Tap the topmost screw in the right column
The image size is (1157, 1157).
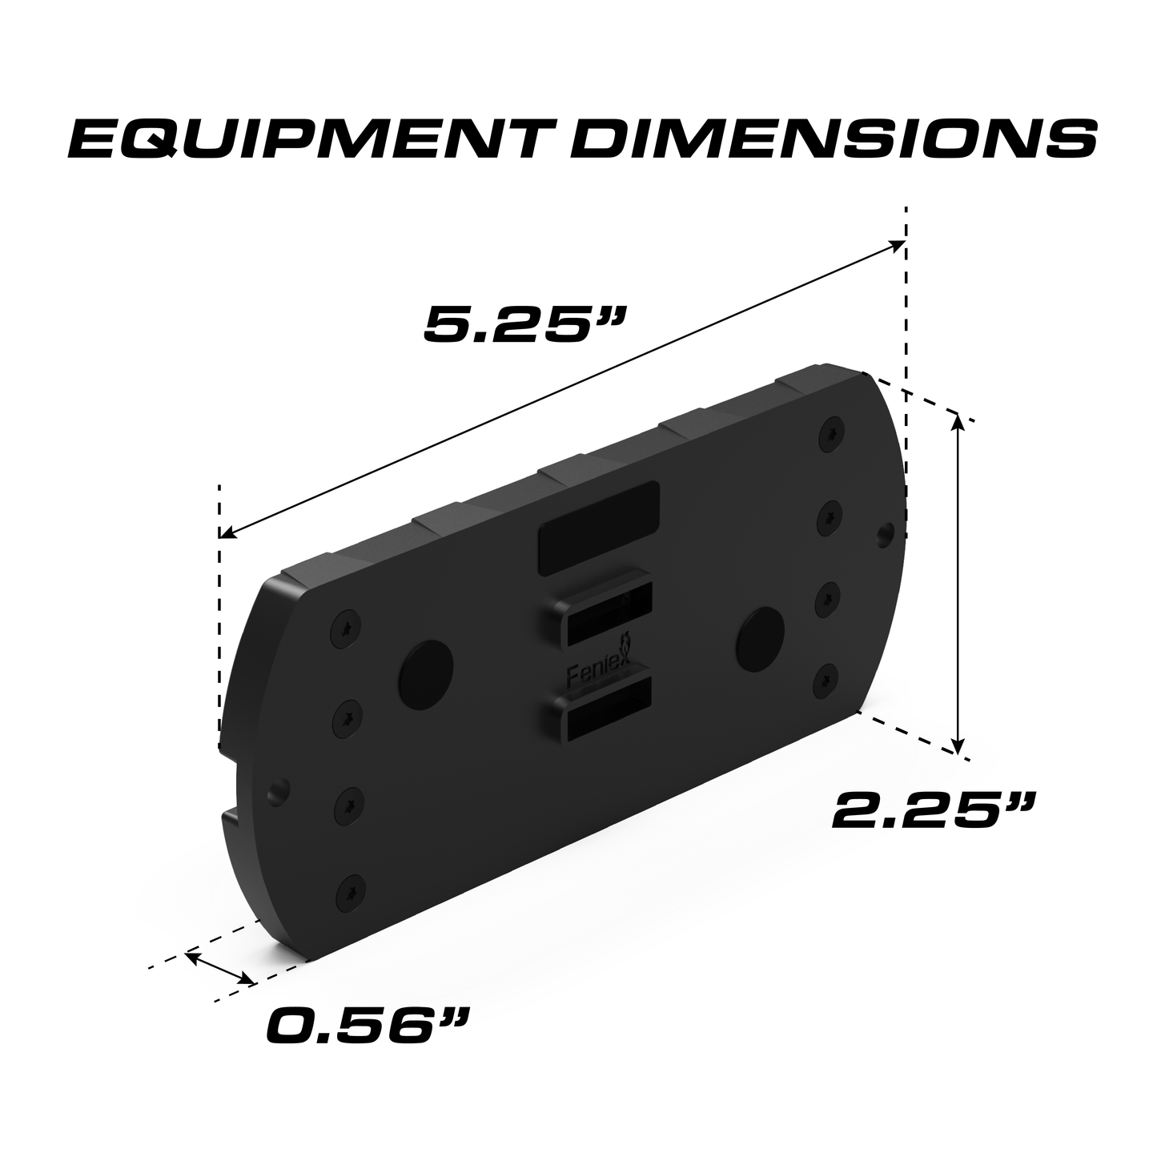(x=833, y=433)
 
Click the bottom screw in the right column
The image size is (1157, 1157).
(x=827, y=681)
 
